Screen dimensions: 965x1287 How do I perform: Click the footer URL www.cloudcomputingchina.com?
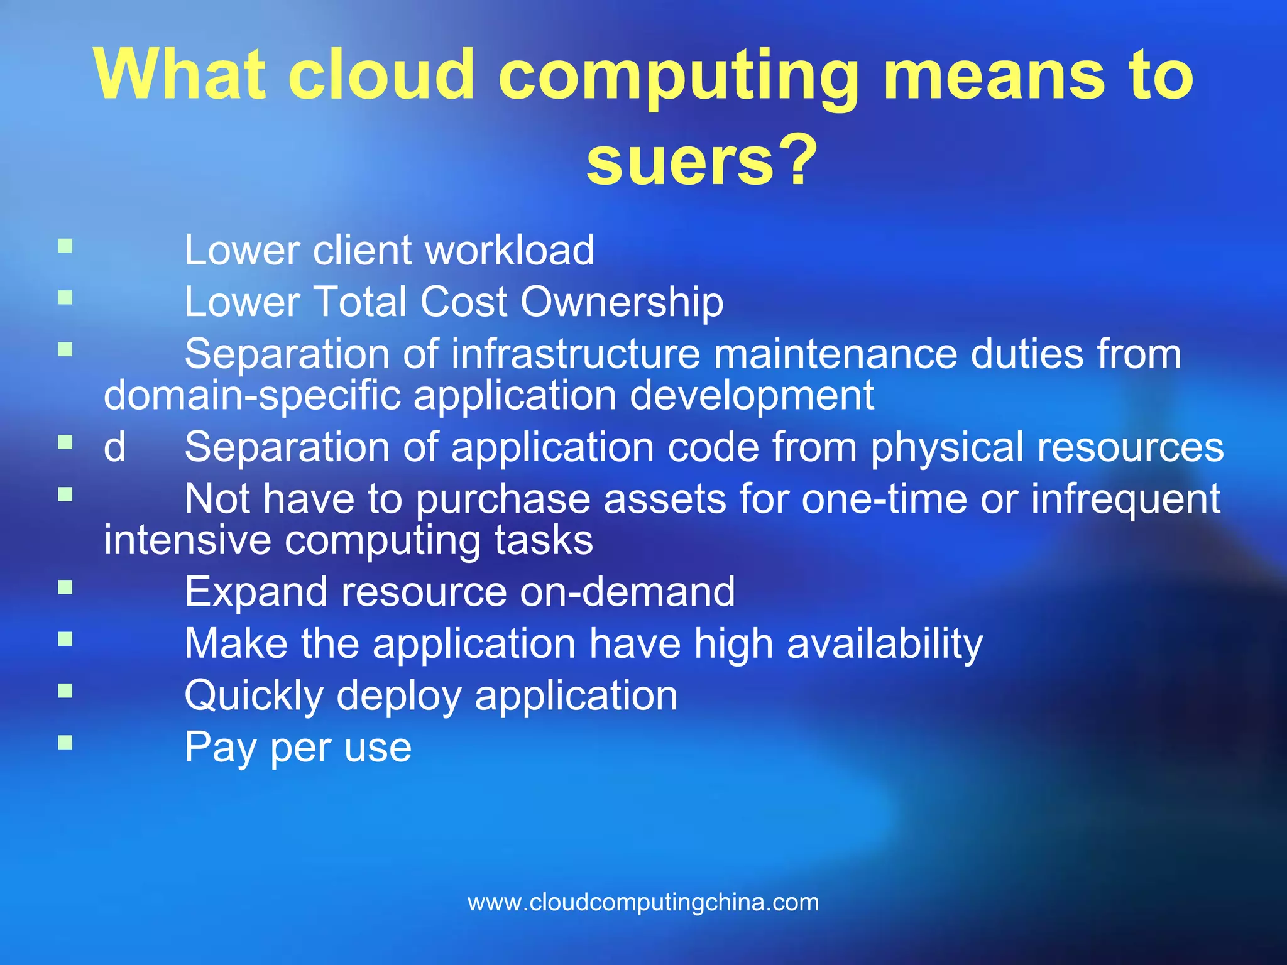click(x=643, y=902)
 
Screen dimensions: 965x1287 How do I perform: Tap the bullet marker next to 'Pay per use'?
click(x=65, y=743)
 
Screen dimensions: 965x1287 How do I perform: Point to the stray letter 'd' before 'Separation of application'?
click(x=114, y=447)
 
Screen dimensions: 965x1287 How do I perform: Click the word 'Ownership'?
click(x=622, y=302)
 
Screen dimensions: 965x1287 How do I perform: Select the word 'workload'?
click(x=510, y=250)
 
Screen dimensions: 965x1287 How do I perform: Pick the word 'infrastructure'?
click(x=575, y=354)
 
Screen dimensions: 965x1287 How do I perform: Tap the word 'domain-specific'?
click(x=252, y=396)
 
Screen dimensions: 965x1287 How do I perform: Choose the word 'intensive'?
click(x=187, y=540)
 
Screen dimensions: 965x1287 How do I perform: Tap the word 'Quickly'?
click(x=254, y=696)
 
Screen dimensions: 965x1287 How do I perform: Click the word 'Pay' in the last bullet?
click(x=221, y=748)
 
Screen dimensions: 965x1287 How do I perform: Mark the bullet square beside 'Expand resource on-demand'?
click(x=65, y=587)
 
